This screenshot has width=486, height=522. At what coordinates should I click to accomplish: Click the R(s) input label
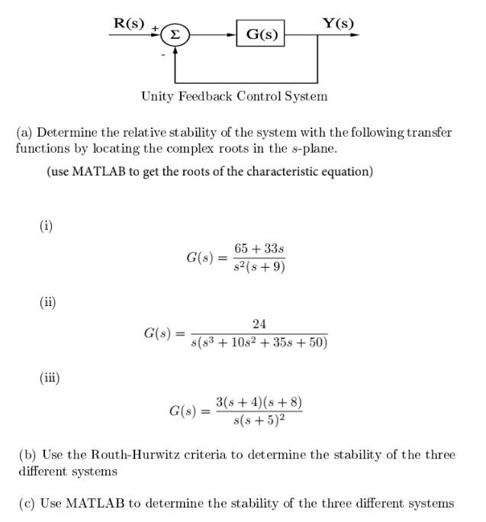click(x=128, y=23)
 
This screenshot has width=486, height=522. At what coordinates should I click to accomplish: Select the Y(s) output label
click(x=338, y=23)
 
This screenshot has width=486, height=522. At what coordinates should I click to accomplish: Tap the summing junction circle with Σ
click(x=175, y=35)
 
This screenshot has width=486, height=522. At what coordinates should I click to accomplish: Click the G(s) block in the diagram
click(x=260, y=34)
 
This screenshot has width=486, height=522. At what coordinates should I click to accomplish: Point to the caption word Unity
click(x=158, y=96)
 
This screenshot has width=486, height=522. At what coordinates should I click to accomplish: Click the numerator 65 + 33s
click(x=259, y=250)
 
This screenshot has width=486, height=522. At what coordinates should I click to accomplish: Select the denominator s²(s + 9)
click(x=259, y=266)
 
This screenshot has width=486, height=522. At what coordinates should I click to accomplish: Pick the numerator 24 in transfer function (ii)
click(x=259, y=325)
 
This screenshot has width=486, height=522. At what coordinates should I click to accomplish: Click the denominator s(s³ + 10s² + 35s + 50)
click(x=259, y=343)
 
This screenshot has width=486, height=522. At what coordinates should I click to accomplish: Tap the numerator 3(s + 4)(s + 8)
click(x=259, y=401)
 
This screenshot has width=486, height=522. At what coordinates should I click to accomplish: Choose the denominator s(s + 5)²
click(x=259, y=419)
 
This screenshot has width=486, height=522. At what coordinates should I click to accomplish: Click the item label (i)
click(x=47, y=225)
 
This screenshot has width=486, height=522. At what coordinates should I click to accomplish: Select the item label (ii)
click(x=48, y=301)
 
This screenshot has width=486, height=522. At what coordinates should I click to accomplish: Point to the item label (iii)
click(x=50, y=377)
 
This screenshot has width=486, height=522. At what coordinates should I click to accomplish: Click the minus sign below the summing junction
click(x=163, y=55)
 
